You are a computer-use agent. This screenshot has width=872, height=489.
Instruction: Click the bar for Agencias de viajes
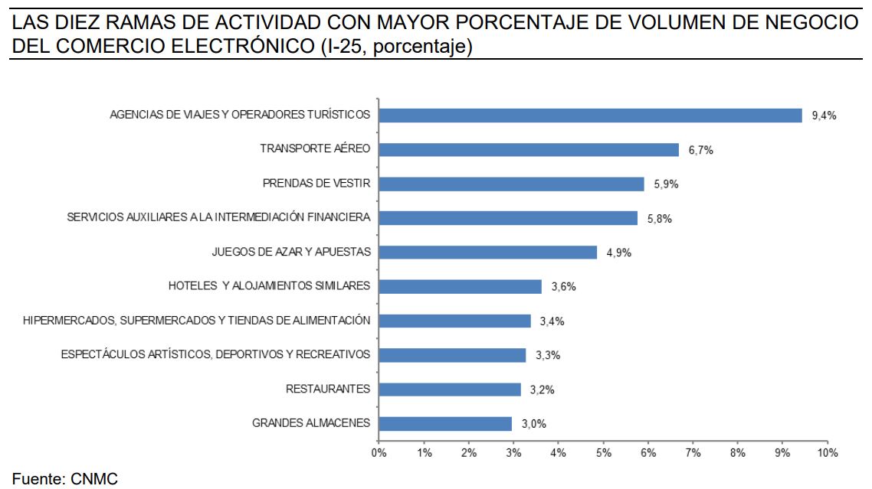pyautogui.click(x=590, y=116)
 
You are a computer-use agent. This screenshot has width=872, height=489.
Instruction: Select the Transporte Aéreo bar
pyautogui.click(x=529, y=150)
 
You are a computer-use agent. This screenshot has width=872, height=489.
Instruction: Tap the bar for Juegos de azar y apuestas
pyautogui.click(x=487, y=253)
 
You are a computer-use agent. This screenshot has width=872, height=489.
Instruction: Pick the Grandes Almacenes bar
pyautogui.click(x=445, y=424)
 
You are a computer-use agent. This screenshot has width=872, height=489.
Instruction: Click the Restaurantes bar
pyautogui.click(x=450, y=390)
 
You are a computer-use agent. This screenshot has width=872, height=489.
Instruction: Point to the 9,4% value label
pyautogui.click(x=824, y=116)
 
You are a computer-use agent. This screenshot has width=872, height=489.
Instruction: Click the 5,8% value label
pyautogui.click(x=659, y=219)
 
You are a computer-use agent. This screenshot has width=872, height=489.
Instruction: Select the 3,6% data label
pyautogui.click(x=562, y=287)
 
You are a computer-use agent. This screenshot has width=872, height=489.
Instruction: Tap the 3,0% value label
pyautogui.click(x=533, y=424)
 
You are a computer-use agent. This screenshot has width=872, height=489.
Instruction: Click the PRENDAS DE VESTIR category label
pyautogui.click(x=316, y=184)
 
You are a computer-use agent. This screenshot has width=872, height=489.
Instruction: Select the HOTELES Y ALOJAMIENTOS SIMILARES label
pyautogui.click(x=269, y=286)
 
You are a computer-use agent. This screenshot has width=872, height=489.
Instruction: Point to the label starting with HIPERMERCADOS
pyautogui.click(x=197, y=321)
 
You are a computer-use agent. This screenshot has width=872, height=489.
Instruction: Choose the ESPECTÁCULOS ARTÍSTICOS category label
pyautogui.click(x=215, y=354)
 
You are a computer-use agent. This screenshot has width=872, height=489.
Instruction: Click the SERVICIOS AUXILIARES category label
pyautogui.click(x=218, y=217)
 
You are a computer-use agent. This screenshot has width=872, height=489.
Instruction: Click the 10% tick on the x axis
pyautogui.click(x=828, y=453)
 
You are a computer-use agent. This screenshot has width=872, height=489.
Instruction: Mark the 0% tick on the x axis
pyautogui.click(x=379, y=453)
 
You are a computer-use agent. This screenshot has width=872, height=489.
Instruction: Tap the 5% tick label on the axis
pyautogui.click(x=603, y=453)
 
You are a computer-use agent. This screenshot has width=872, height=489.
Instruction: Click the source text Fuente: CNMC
pyautogui.click(x=65, y=479)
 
